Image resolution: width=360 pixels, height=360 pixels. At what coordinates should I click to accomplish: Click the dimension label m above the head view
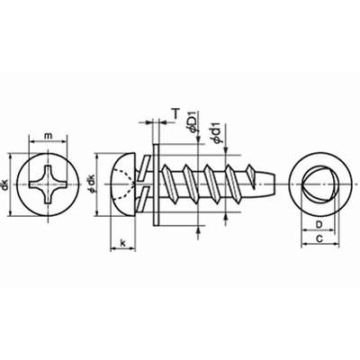click(x=48, y=136)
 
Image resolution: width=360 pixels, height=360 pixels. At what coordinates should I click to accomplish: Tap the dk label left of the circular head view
click(x=5, y=184)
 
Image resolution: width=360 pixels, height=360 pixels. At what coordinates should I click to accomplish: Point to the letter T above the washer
click(x=175, y=113)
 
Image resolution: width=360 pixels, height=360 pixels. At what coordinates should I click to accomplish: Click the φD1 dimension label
click(x=193, y=121)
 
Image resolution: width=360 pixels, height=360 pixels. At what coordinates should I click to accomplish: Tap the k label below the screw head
click(x=122, y=242)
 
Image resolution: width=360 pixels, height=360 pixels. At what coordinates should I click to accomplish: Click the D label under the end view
click(x=319, y=224)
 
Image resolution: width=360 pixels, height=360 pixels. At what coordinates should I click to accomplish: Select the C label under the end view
click(x=319, y=238)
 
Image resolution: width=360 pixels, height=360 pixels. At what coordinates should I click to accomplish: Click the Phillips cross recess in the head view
click(x=49, y=184)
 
